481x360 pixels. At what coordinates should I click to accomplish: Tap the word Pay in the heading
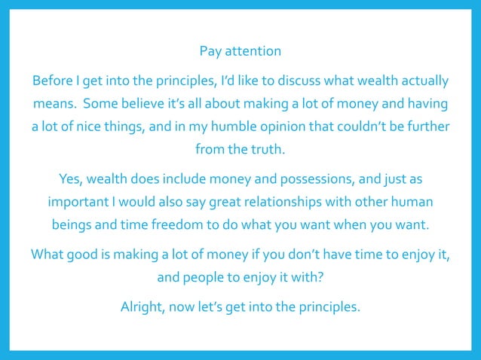(210, 52)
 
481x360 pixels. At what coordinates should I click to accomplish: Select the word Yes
(70, 181)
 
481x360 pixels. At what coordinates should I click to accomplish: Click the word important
(79, 203)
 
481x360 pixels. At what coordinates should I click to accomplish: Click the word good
(80, 254)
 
